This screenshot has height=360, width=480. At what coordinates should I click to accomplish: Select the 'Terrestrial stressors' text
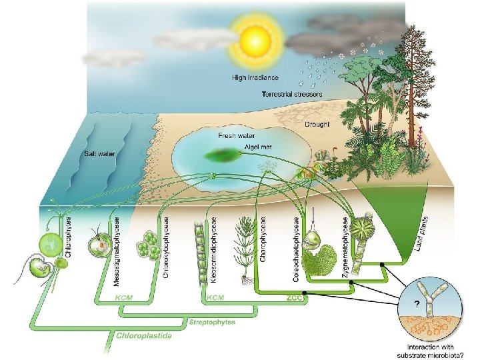click(x=292, y=95)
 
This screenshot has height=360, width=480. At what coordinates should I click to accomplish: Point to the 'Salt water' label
click(x=99, y=153)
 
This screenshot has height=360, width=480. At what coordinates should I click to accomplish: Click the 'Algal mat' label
click(x=239, y=143)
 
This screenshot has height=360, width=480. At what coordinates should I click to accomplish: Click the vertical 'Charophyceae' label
click(x=263, y=238)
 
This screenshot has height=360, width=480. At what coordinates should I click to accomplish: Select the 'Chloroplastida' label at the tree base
click(x=144, y=335)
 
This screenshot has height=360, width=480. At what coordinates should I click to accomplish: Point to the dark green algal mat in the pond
click(x=223, y=158)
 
